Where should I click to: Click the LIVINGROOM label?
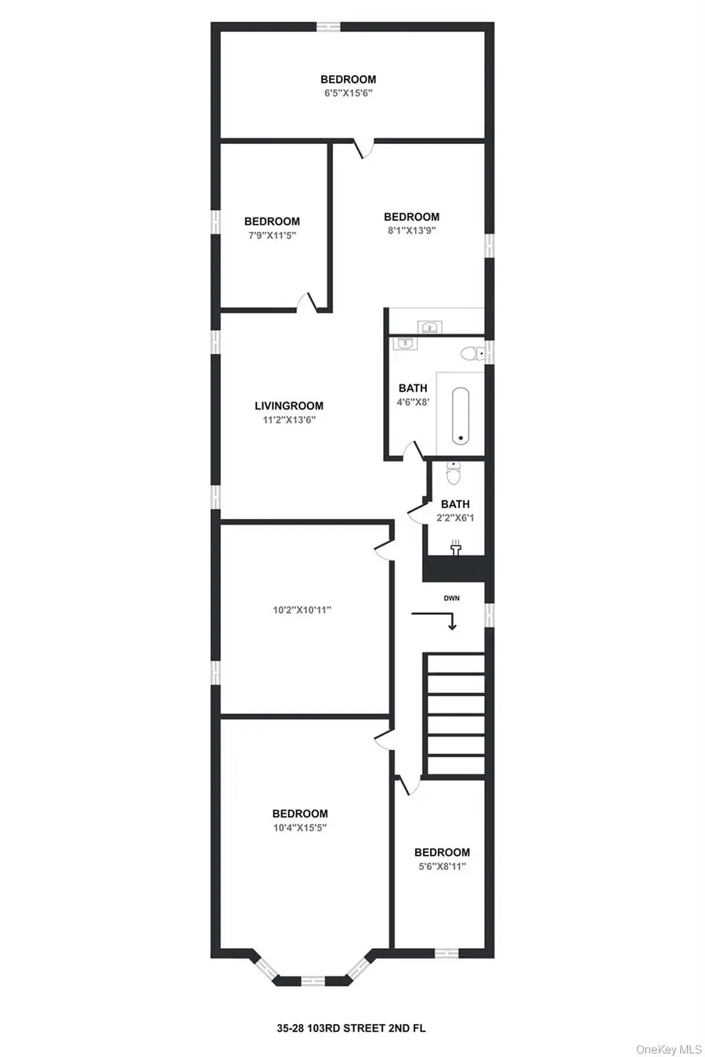[288, 406]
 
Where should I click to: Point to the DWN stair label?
[452, 598]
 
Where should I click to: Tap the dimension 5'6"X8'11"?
[442, 867]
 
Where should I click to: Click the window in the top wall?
[328, 27]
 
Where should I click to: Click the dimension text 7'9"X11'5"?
[272, 235]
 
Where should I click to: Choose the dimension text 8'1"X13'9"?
[410, 230]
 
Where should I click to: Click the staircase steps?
[455, 715]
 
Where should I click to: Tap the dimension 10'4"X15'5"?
[300, 828]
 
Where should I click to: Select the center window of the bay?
[313, 980]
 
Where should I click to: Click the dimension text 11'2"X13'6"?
[288, 420]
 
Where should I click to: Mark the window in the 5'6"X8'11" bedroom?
[446, 953]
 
